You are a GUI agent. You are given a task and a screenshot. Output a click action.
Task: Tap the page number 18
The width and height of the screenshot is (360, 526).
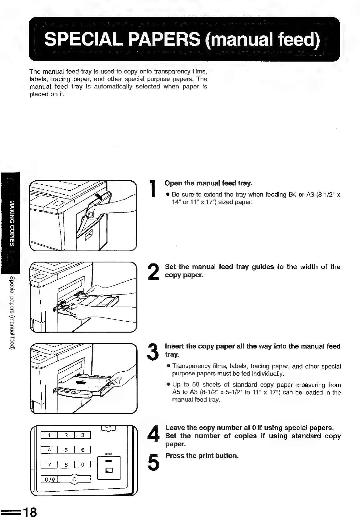[30, 513]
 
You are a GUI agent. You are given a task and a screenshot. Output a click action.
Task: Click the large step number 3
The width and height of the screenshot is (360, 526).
[153, 352]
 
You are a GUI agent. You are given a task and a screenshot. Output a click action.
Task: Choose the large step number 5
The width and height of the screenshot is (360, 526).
[153, 461]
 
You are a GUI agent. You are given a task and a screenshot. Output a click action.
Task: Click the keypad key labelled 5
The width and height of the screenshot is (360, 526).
[66, 450]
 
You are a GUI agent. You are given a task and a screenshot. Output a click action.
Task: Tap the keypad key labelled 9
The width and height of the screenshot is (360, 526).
[82, 465]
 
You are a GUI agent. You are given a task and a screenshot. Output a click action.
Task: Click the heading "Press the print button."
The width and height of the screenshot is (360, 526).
[202, 456]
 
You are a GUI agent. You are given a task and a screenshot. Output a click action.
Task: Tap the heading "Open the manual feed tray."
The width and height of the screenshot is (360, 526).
[208, 183]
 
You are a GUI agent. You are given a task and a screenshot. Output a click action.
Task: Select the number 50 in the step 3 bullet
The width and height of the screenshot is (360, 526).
[196, 385]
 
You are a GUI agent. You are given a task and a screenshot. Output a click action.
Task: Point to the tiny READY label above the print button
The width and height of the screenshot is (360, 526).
[108, 454]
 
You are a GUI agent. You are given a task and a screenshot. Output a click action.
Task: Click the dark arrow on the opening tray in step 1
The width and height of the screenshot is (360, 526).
[101, 198]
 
